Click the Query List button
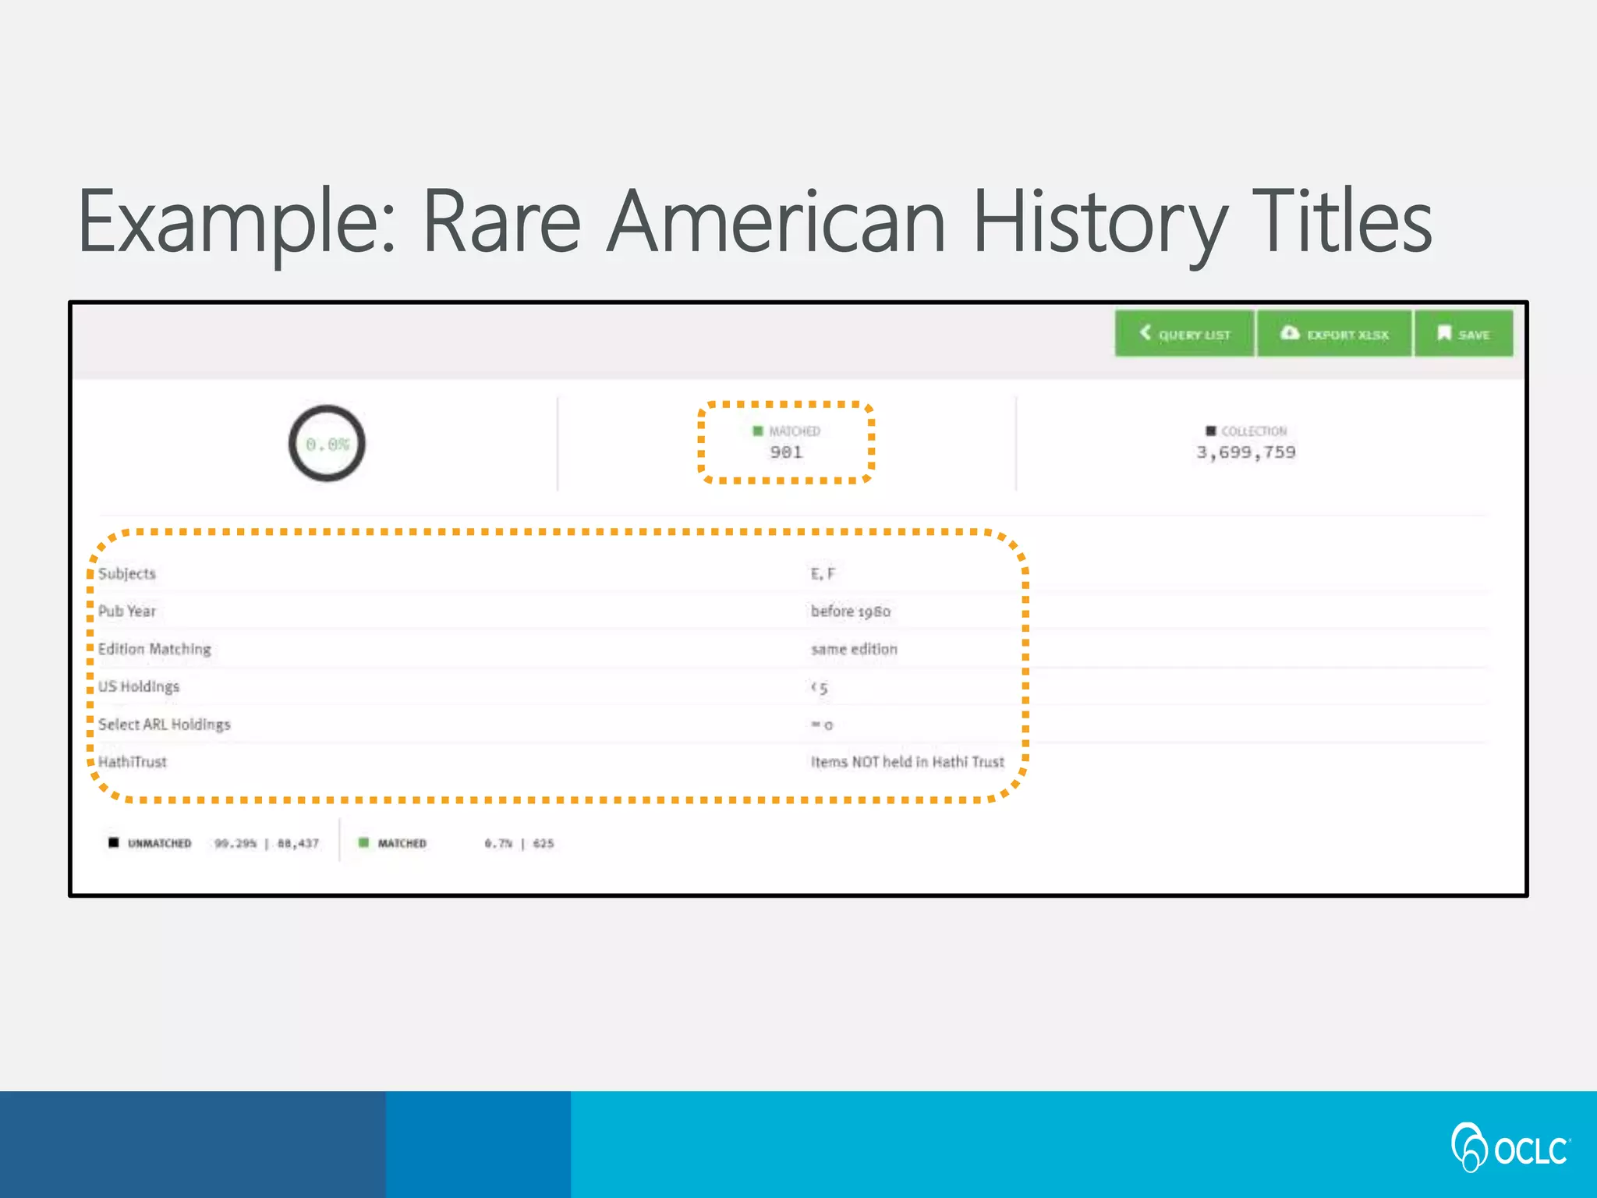[1184, 334]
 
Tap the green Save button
[1464, 334]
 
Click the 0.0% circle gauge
[327, 444]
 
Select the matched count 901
[786, 452]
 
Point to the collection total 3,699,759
[1246, 452]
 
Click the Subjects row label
[127, 573]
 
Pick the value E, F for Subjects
[823, 574]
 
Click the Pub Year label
[127, 611]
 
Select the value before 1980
[850, 611]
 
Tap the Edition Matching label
[154, 649]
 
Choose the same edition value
[854, 649]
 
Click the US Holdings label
[139, 686]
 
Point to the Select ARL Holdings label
[165, 725]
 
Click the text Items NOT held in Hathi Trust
[907, 762]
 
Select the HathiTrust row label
[133, 762]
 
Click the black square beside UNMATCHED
[114, 842]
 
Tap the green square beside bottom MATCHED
[363, 842]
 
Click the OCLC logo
[1510, 1148]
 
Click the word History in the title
[1100, 222]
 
